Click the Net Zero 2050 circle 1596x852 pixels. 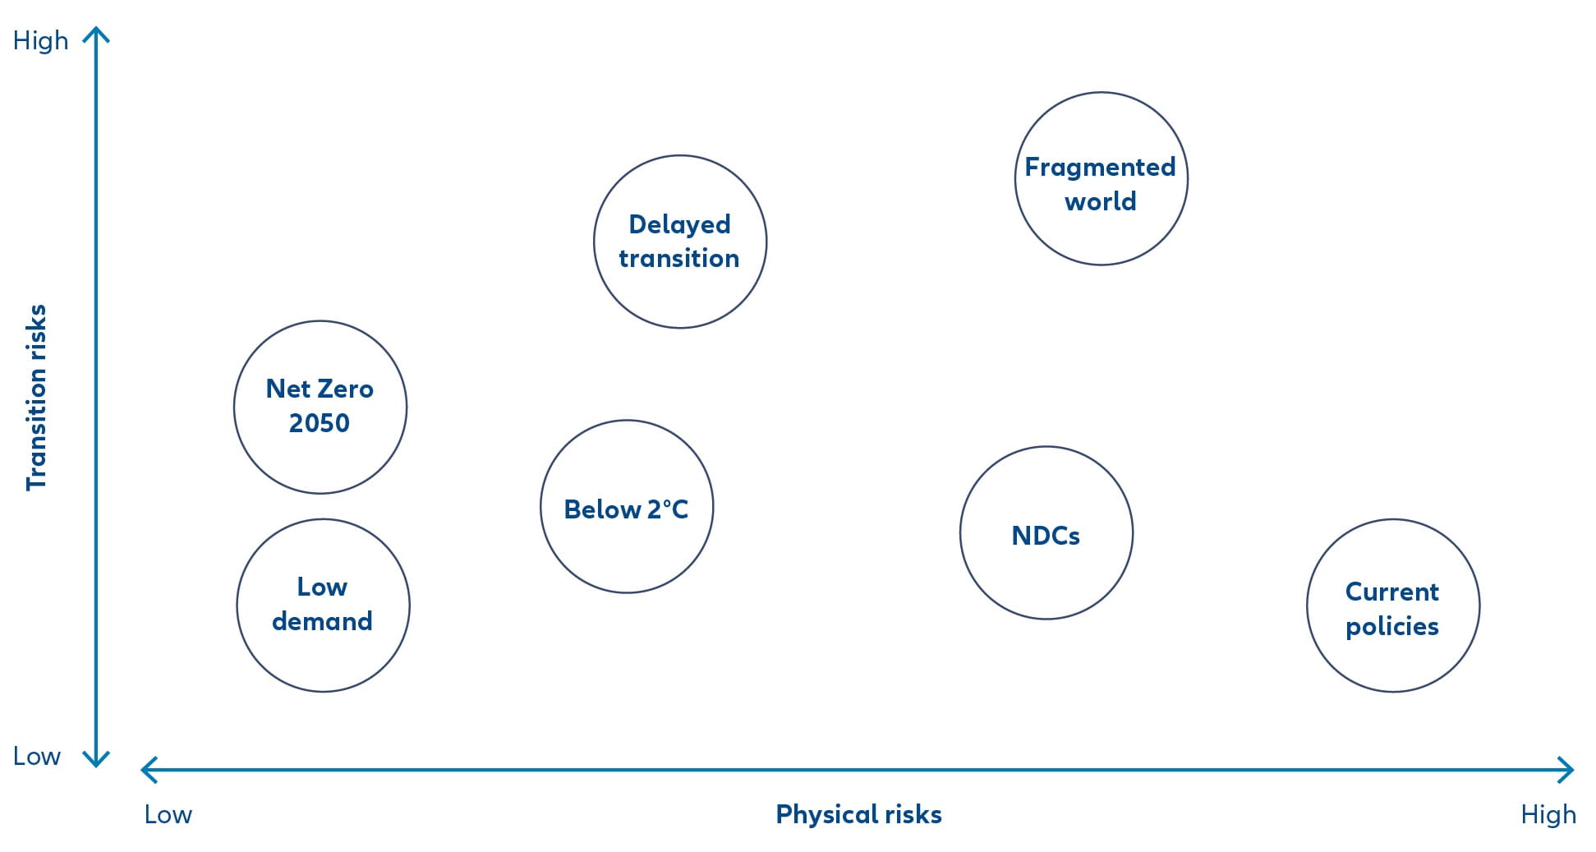[320, 322]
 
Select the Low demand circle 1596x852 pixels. [323, 520]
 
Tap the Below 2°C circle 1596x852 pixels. [627, 421]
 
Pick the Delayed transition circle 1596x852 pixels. [680, 156]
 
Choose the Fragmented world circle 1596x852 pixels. [1102, 93]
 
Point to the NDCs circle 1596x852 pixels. [1046, 448]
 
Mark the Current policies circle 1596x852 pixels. [1393, 520]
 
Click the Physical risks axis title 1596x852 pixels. [858, 814]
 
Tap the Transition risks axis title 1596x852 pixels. [36, 398]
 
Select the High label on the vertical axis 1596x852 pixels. [40, 40]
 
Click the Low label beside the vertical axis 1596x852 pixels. [37, 756]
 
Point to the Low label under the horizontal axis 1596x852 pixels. [168, 814]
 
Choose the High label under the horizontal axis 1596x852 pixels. [1548, 814]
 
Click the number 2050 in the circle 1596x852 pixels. [320, 423]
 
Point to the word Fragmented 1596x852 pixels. [1100, 168]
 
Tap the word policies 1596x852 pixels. [1392, 627]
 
